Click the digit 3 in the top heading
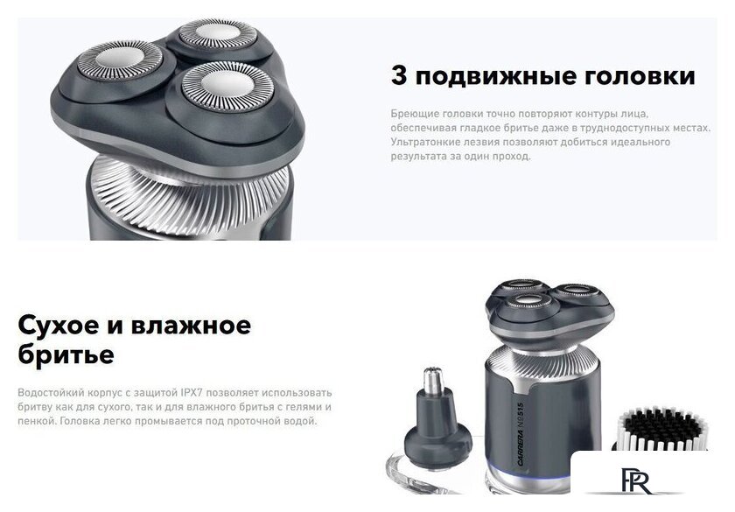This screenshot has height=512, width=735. coord(399,76)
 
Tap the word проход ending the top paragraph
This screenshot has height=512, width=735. coord(512,156)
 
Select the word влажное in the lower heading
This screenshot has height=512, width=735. coord(191,326)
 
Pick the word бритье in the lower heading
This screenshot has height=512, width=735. coord(66,354)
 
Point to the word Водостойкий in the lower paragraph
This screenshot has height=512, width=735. coord(49,393)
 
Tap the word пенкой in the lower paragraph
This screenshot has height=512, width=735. coord(34,421)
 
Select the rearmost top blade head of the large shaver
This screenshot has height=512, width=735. coord(216,37)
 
